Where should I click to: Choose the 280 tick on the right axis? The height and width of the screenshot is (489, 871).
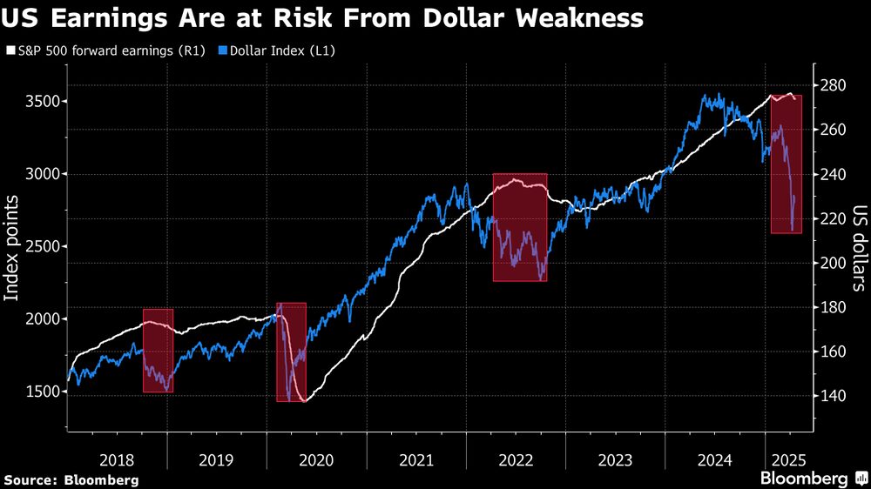point(833,85)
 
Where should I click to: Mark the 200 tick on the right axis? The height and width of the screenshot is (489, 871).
point(833,263)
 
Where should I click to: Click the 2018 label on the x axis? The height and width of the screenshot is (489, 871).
point(118,459)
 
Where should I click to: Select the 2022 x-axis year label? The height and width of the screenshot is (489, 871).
point(516,459)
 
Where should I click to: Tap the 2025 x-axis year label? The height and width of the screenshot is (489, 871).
point(789,459)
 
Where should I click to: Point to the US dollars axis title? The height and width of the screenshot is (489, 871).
point(860,247)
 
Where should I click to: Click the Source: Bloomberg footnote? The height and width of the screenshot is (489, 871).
point(71,479)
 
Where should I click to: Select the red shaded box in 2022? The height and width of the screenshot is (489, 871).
point(520,227)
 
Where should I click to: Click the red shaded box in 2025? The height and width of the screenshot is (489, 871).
point(786,164)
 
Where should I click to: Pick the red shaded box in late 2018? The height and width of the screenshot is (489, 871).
point(158,351)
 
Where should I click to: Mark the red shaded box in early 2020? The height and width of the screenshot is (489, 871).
point(291,352)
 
